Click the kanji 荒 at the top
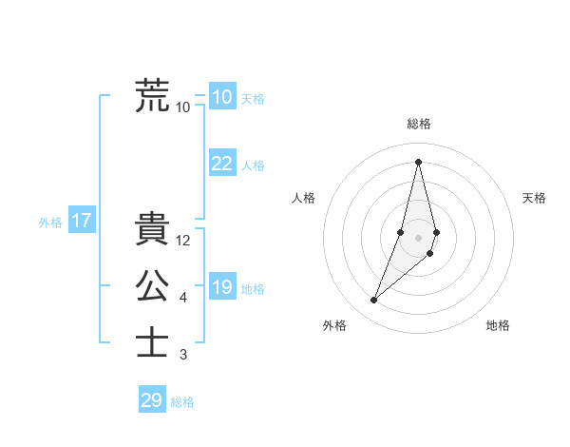(x=152, y=95)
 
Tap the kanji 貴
(x=152, y=229)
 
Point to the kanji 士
(x=152, y=342)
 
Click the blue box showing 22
(x=221, y=164)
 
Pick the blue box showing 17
(x=81, y=222)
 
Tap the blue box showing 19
(x=221, y=287)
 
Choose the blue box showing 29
(x=152, y=400)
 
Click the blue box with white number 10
(x=221, y=97)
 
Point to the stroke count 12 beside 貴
(x=183, y=241)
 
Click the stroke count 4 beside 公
(x=183, y=298)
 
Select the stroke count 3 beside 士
(x=183, y=355)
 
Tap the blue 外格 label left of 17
(x=50, y=223)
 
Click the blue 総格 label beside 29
(x=182, y=402)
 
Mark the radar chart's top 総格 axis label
(x=418, y=124)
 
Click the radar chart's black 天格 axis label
(x=534, y=198)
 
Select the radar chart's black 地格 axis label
(x=498, y=325)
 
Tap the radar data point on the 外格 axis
(x=374, y=301)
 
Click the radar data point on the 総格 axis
(x=418, y=161)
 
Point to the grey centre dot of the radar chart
(x=418, y=237)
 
